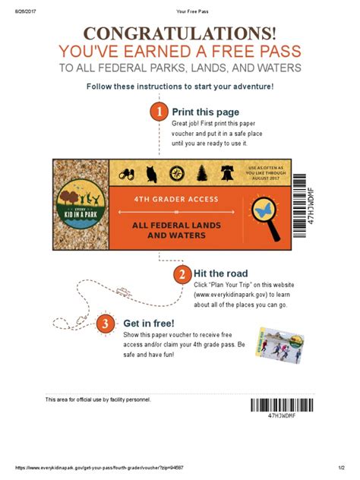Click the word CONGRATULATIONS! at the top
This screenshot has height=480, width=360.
180,34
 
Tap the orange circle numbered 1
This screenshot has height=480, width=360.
159,112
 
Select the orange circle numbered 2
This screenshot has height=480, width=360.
182,274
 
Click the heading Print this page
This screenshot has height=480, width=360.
207,112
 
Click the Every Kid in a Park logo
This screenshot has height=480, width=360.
81,205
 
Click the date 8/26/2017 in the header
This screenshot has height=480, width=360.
21,11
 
